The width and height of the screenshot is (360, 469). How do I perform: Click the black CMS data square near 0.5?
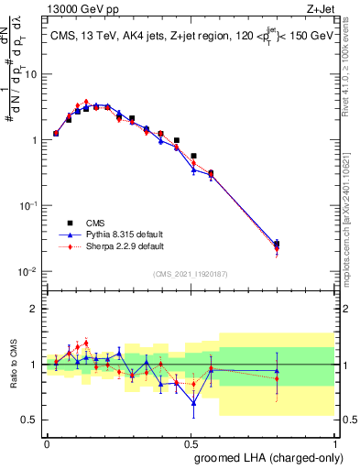click(193, 156)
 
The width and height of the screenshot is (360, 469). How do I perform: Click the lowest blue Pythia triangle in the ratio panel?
click(193, 403)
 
